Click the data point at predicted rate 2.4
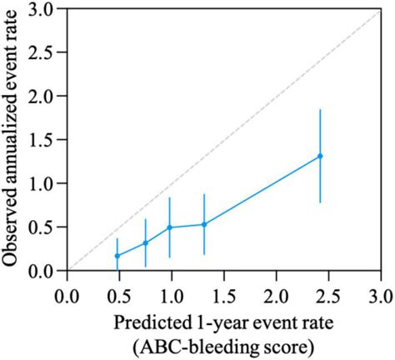(x=320, y=156)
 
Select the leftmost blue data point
(x=117, y=256)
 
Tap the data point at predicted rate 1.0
(x=170, y=227)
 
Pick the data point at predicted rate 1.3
(x=203, y=224)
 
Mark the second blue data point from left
(x=145, y=243)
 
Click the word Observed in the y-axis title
(x=13, y=226)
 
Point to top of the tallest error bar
(x=320, y=109)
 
